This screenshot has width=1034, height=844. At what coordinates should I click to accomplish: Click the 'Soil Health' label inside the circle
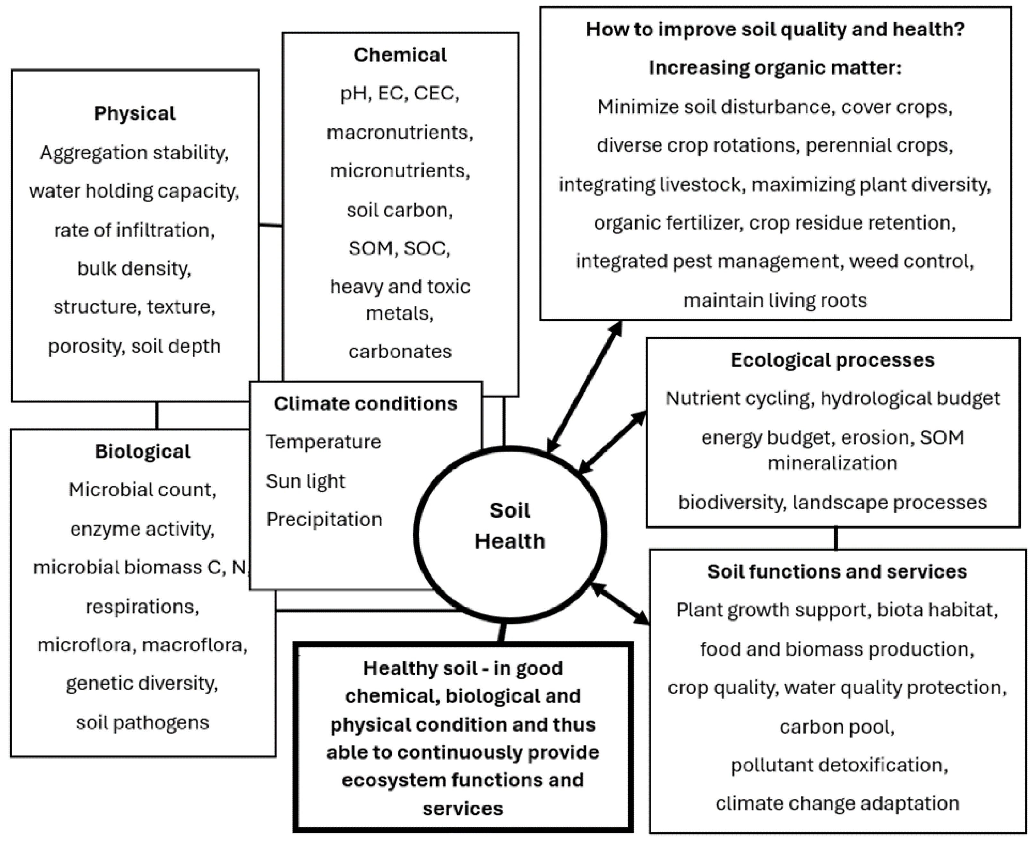coord(510,526)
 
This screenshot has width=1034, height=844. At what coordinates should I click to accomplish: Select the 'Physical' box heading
coord(135,113)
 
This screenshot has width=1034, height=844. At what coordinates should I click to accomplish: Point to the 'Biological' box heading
coord(142,451)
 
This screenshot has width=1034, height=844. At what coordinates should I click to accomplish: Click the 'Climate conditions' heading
coord(365,403)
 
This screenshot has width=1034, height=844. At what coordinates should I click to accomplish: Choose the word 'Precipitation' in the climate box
coord(324,519)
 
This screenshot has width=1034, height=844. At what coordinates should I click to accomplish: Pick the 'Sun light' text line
coord(305,481)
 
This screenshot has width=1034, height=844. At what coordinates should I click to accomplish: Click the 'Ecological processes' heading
coord(832,360)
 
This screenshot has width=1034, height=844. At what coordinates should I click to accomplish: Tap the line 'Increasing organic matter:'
coord(775,68)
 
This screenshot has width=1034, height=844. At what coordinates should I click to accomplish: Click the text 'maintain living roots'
coord(775,300)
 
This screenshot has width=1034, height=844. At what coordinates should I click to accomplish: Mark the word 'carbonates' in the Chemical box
coord(400,351)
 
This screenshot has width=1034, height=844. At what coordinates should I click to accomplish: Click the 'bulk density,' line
coord(134,268)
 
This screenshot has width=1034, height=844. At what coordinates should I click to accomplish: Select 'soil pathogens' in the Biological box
coord(142,722)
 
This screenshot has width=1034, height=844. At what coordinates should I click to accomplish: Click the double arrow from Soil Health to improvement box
coord(585,386)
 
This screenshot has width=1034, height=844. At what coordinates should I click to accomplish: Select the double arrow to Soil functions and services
coord(620,603)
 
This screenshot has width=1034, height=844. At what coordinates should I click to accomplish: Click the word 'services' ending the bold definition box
coord(462,808)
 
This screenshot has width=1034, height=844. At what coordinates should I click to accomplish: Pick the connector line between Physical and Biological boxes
coord(157,415)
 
